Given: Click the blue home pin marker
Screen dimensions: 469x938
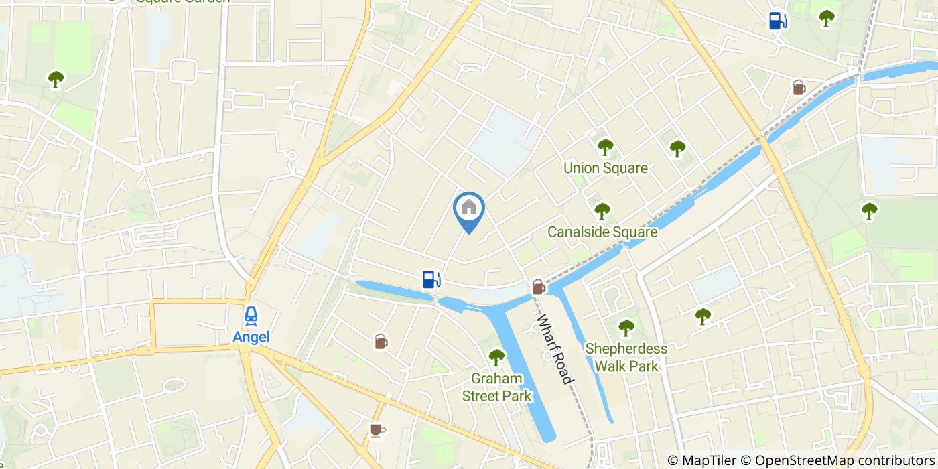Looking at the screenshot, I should click(x=469, y=209).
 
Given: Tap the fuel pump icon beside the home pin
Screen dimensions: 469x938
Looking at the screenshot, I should click(x=431, y=279).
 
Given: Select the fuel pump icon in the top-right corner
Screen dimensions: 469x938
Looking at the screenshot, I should click(x=777, y=21).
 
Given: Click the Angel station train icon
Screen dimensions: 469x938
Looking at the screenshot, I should click(x=251, y=315).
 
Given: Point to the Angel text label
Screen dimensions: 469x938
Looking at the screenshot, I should click(x=251, y=336).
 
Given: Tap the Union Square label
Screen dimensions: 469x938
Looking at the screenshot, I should click(x=606, y=167).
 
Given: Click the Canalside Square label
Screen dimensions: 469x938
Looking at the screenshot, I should click(x=602, y=232).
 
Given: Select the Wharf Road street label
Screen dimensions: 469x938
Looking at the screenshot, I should click(x=556, y=349).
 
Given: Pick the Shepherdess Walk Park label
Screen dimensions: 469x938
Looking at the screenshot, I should click(x=626, y=357).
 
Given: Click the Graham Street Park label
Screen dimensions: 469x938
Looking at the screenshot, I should click(x=496, y=387).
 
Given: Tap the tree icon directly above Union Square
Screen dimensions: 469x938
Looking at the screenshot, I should click(x=606, y=146).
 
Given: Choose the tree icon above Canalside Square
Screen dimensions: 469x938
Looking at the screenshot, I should click(x=602, y=210).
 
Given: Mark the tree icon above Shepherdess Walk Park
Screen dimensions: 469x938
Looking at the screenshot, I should click(x=626, y=328).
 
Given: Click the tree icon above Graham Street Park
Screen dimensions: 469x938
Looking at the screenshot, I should click(x=496, y=357).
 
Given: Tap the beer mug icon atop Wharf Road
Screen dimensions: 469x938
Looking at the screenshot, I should click(x=539, y=287).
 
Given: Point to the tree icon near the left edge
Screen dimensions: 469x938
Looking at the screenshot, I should click(x=56, y=79).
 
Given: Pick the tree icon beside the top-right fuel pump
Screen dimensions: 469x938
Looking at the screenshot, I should click(x=827, y=18).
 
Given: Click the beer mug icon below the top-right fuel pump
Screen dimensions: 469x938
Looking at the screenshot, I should click(x=799, y=87).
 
